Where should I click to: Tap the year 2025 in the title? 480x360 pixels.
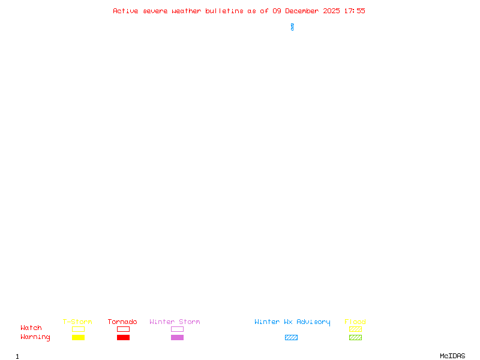332,11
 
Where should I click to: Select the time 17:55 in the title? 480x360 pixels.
355,11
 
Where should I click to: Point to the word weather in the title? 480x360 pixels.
187,11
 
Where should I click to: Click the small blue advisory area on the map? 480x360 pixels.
292,27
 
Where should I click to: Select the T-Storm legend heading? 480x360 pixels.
77,322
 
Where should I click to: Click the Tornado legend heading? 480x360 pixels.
122,322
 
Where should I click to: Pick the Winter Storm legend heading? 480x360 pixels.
175,322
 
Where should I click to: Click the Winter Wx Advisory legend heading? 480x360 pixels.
292,322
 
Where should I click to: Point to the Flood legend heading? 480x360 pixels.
355,322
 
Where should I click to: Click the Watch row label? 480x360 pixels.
31,328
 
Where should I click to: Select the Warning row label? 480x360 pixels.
35,337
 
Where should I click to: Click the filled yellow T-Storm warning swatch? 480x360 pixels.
78,337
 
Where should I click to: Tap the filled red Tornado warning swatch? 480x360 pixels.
123,337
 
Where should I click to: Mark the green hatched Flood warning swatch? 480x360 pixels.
355,337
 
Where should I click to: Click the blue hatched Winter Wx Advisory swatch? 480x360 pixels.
291,337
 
